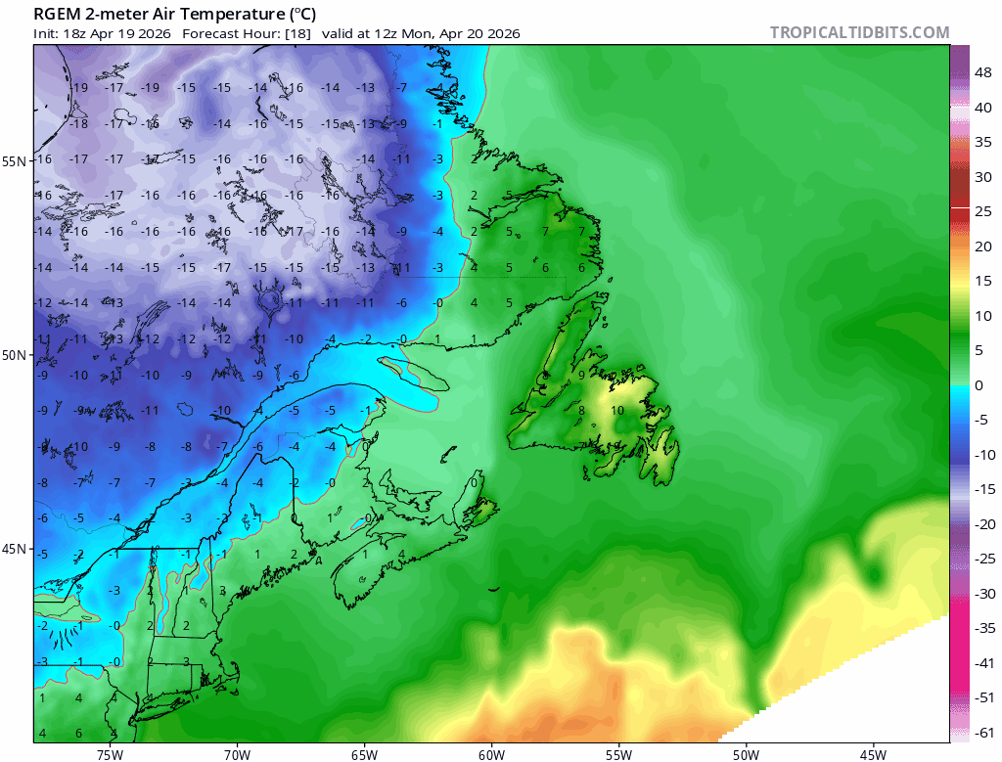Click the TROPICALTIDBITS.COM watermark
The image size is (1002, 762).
tap(859, 32)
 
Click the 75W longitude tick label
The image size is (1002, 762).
tap(110, 753)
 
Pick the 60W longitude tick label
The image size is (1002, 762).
tap(491, 753)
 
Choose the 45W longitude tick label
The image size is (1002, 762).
tap(873, 753)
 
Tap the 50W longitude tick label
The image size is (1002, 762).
tap(746, 753)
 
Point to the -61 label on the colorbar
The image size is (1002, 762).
tap(983, 733)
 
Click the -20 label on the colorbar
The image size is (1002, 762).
tap(983, 524)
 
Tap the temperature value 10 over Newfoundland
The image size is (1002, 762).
tap(616, 411)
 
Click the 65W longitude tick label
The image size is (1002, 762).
tap(364, 753)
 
